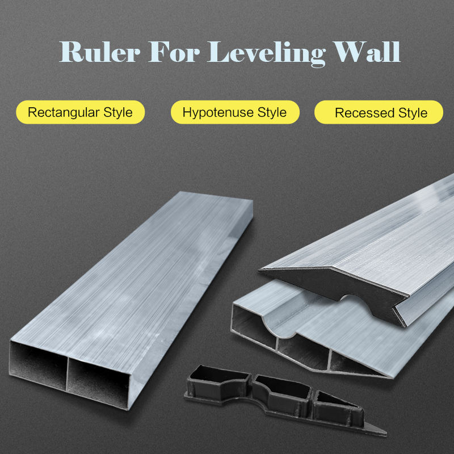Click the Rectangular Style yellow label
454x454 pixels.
(80, 112)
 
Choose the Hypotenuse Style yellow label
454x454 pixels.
(234, 112)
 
